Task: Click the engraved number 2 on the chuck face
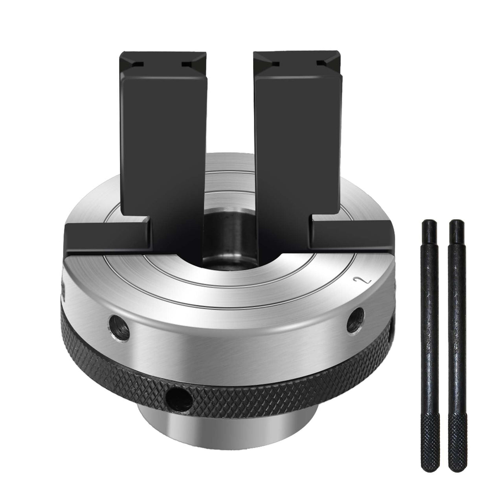point(357,281)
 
